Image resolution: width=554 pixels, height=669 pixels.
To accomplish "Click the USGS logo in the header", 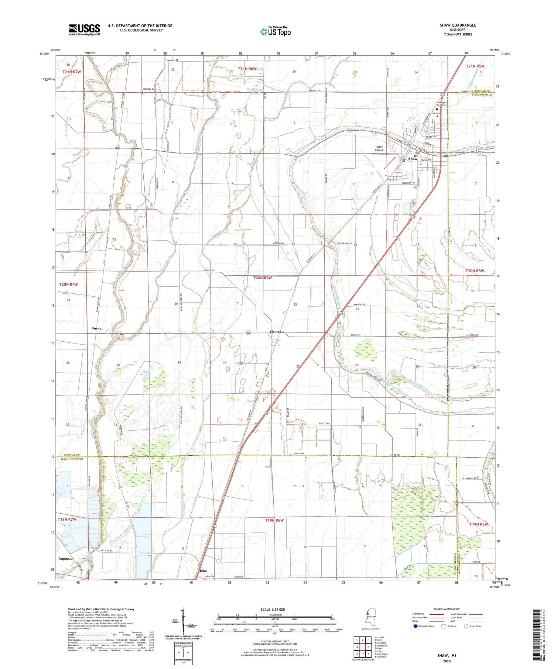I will coord(84,30).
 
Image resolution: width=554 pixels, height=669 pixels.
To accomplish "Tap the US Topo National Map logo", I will coord(276,31).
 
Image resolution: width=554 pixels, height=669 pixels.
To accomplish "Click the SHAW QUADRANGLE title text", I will coord(458,25).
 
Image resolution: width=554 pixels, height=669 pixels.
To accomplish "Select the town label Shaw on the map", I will coord(413,159).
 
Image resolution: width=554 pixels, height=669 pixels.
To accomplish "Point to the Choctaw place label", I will coord(277,332).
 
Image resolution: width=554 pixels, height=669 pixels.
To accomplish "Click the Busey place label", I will coord(96,328).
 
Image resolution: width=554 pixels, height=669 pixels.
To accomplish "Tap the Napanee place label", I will coord(66,559).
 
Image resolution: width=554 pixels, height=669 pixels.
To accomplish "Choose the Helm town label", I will coord(203,571).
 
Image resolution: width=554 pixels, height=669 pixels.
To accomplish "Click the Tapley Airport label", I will coord(379,149).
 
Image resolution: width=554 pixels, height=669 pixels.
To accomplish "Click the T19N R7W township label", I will coord(67,520).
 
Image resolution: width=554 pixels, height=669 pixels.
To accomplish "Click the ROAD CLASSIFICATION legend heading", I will coord(447,609).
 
